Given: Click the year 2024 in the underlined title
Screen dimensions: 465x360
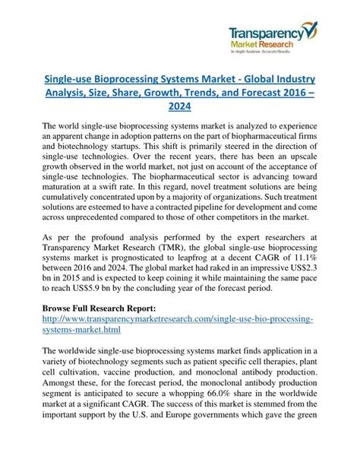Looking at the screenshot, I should tap(179, 107).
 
